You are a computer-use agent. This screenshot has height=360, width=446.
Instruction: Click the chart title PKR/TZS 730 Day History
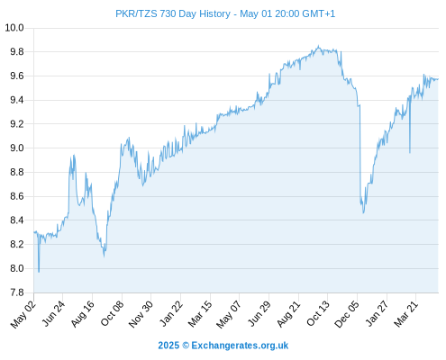coord(173,13)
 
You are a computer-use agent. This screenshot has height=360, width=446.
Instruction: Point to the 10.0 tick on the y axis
coord(14,28)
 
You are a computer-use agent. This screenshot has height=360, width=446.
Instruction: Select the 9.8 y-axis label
coord(17,52)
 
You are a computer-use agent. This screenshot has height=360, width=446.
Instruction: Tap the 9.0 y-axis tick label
coord(17,148)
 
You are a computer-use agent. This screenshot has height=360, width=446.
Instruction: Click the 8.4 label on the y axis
coord(17,220)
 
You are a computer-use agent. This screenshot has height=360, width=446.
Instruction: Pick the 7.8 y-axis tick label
coord(17,292)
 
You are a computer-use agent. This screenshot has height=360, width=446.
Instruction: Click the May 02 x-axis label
coord(23,314)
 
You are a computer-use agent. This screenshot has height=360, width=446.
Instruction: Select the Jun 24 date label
coord(53,314)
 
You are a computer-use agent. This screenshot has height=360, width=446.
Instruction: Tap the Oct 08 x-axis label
coord(112,314)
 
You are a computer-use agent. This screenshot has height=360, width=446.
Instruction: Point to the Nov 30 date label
coord(141,314)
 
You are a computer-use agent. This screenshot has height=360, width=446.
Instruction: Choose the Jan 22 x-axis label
coord(170,314)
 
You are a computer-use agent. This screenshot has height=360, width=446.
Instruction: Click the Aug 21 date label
coord(288,314)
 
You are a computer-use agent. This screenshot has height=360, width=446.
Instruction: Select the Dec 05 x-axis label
coord(347,314)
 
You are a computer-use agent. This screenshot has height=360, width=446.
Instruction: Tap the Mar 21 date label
coord(405,314)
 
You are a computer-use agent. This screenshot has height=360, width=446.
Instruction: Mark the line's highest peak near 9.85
coord(318,46)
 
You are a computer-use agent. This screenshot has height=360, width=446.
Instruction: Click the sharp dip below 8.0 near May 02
coord(39,272)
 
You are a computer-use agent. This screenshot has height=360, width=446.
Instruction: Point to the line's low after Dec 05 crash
coord(363,213)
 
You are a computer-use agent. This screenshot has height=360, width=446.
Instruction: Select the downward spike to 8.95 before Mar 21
coord(410,153)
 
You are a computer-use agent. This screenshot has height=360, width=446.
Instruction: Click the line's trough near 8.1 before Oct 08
coord(104,256)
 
